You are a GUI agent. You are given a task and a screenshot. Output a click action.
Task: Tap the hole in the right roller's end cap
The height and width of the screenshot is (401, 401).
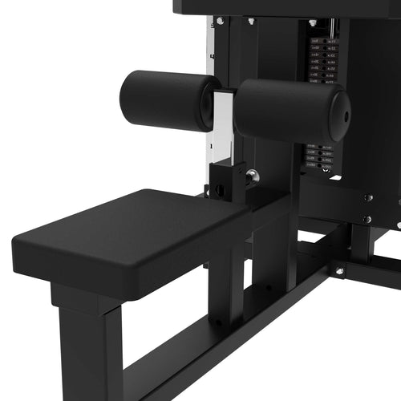coord(347,115)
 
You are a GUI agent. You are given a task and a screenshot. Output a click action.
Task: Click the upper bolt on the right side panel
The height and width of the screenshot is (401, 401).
coord(368,197)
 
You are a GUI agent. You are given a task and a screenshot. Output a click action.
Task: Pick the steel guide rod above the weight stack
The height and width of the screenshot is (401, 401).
coord(326,27)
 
